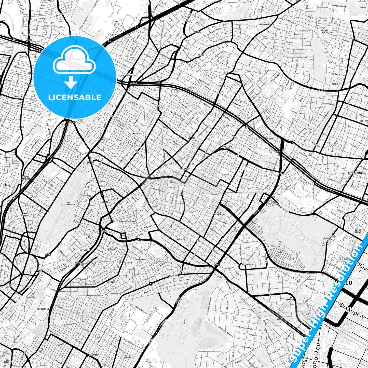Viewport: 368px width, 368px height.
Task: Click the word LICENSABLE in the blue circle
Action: coord(75,97)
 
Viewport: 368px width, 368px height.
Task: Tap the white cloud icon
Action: coord(74,61)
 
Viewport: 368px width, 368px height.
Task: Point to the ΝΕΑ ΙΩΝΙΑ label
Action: coord(140,211)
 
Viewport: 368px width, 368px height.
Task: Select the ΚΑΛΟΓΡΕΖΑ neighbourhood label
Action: coord(182,240)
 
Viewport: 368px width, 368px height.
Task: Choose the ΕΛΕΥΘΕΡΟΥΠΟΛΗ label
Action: coord(127,222)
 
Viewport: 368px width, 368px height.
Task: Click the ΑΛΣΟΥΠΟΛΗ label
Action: coord(247,264)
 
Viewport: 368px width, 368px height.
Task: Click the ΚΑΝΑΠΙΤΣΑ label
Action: coord(138,133)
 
